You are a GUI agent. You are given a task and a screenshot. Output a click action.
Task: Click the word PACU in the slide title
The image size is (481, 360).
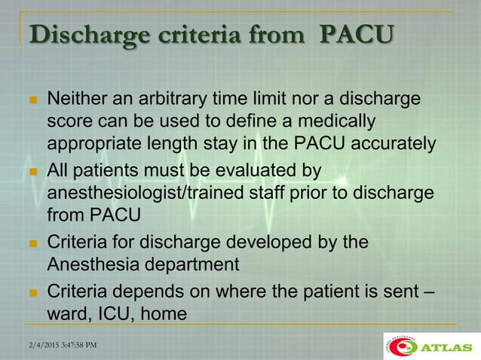pyautogui.click(x=357, y=35)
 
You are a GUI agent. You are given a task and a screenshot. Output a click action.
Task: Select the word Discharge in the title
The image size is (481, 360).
pyautogui.click(x=79, y=35)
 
